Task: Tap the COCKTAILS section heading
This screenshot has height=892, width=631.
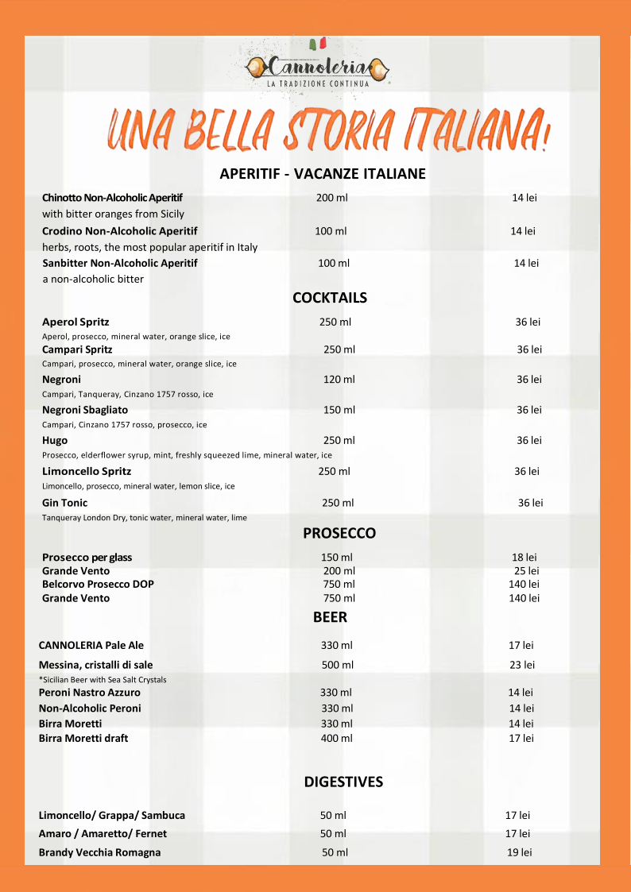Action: click(x=330, y=298)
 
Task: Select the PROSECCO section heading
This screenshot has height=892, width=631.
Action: click(x=339, y=533)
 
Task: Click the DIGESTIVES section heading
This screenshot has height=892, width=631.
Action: click(x=343, y=782)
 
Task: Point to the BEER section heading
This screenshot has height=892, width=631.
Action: click(x=330, y=616)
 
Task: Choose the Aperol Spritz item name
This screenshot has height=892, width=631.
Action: click(x=75, y=322)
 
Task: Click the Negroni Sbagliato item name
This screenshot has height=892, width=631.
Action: click(x=85, y=410)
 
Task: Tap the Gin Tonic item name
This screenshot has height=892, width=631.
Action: click(x=65, y=503)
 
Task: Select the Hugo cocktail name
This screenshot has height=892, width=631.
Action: click(x=55, y=440)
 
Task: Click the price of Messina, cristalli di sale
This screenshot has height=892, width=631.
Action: click(x=522, y=665)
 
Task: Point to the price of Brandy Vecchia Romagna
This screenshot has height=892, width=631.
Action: click(x=519, y=852)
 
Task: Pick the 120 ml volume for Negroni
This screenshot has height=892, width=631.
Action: click(x=339, y=380)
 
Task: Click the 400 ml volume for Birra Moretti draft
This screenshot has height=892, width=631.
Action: click(x=336, y=738)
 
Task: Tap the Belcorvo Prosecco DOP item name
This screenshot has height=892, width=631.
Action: click(x=98, y=584)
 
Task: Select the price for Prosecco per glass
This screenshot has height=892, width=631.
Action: click(x=524, y=558)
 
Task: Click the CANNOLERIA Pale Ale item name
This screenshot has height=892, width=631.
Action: click(x=91, y=645)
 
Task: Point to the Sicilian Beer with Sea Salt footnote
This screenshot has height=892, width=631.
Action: click(x=103, y=680)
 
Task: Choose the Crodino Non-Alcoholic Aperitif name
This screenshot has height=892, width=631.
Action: click(x=120, y=231)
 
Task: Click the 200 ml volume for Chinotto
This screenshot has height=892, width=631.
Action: click(x=331, y=197)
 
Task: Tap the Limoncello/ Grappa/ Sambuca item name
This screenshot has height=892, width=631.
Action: click(x=112, y=815)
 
